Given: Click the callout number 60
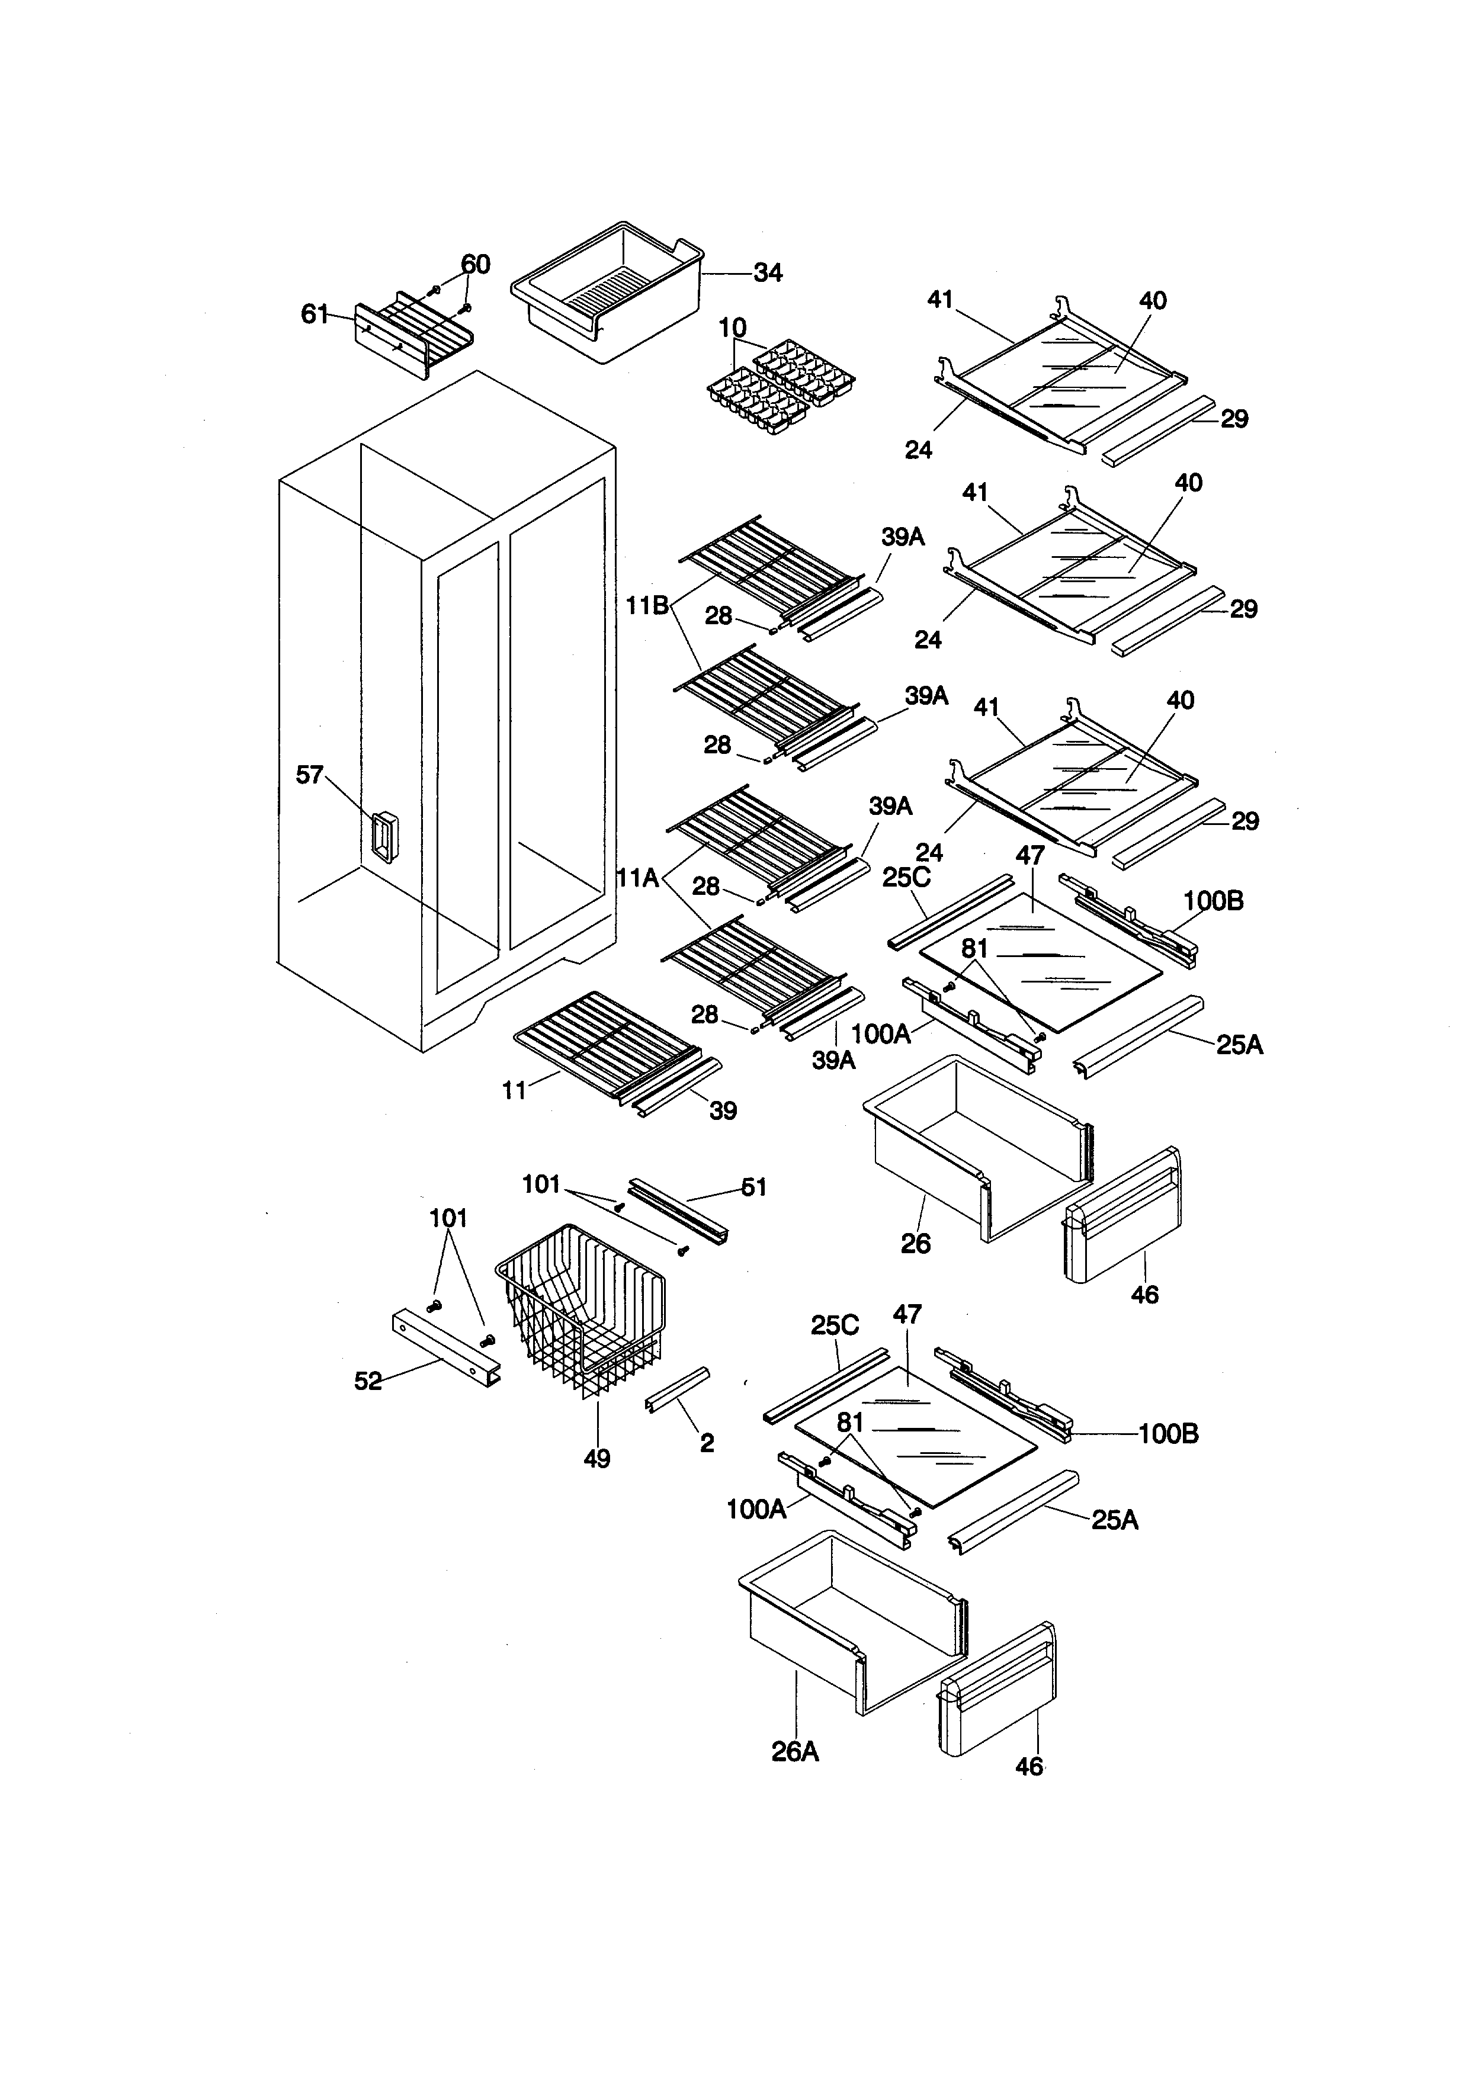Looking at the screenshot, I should pos(475,264).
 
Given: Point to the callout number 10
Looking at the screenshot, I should pos(733,328).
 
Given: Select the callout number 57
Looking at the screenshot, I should pos(309,774).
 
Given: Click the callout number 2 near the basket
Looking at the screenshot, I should pos(707,1443).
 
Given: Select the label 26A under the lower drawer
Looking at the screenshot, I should pos(795,1752).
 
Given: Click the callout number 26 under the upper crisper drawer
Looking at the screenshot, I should pos(915,1243).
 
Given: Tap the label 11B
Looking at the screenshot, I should pos(647,605).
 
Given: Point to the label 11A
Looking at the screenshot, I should pos(638,877).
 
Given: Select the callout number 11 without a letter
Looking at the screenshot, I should pos(514,1091).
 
